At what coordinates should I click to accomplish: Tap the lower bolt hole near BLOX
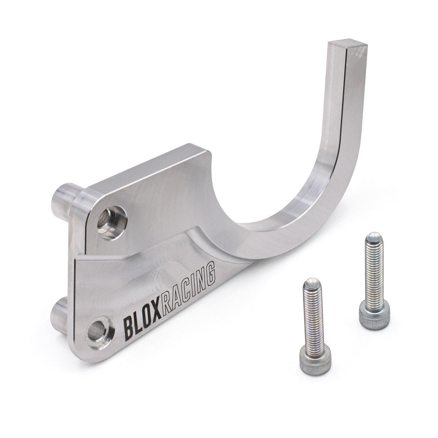[99, 324]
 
